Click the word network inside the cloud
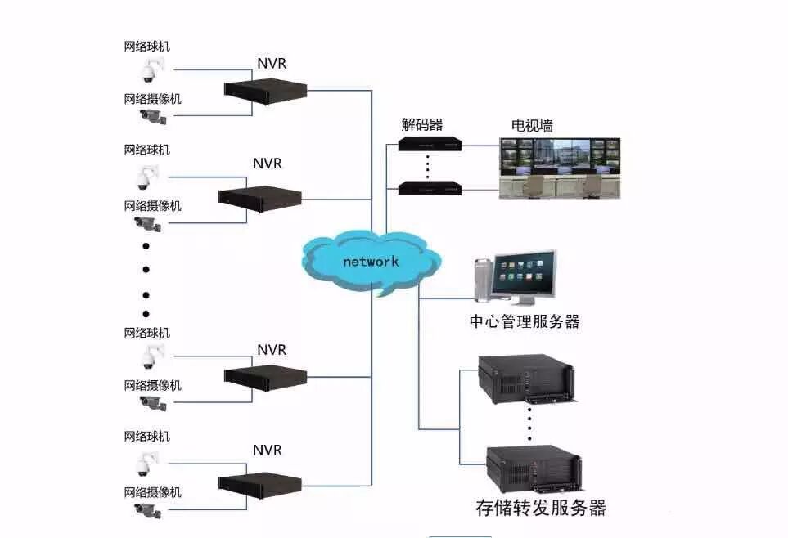point(371,261)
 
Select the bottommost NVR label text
point(267,450)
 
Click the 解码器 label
point(421,124)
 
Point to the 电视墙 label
point(532,126)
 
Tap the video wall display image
point(561,168)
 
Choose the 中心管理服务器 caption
point(525,321)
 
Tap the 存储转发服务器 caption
point(540,507)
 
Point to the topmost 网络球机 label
point(147,47)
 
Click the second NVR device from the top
point(259,197)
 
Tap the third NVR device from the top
point(265,375)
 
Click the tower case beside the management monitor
point(482,278)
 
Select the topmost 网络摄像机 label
point(152,99)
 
